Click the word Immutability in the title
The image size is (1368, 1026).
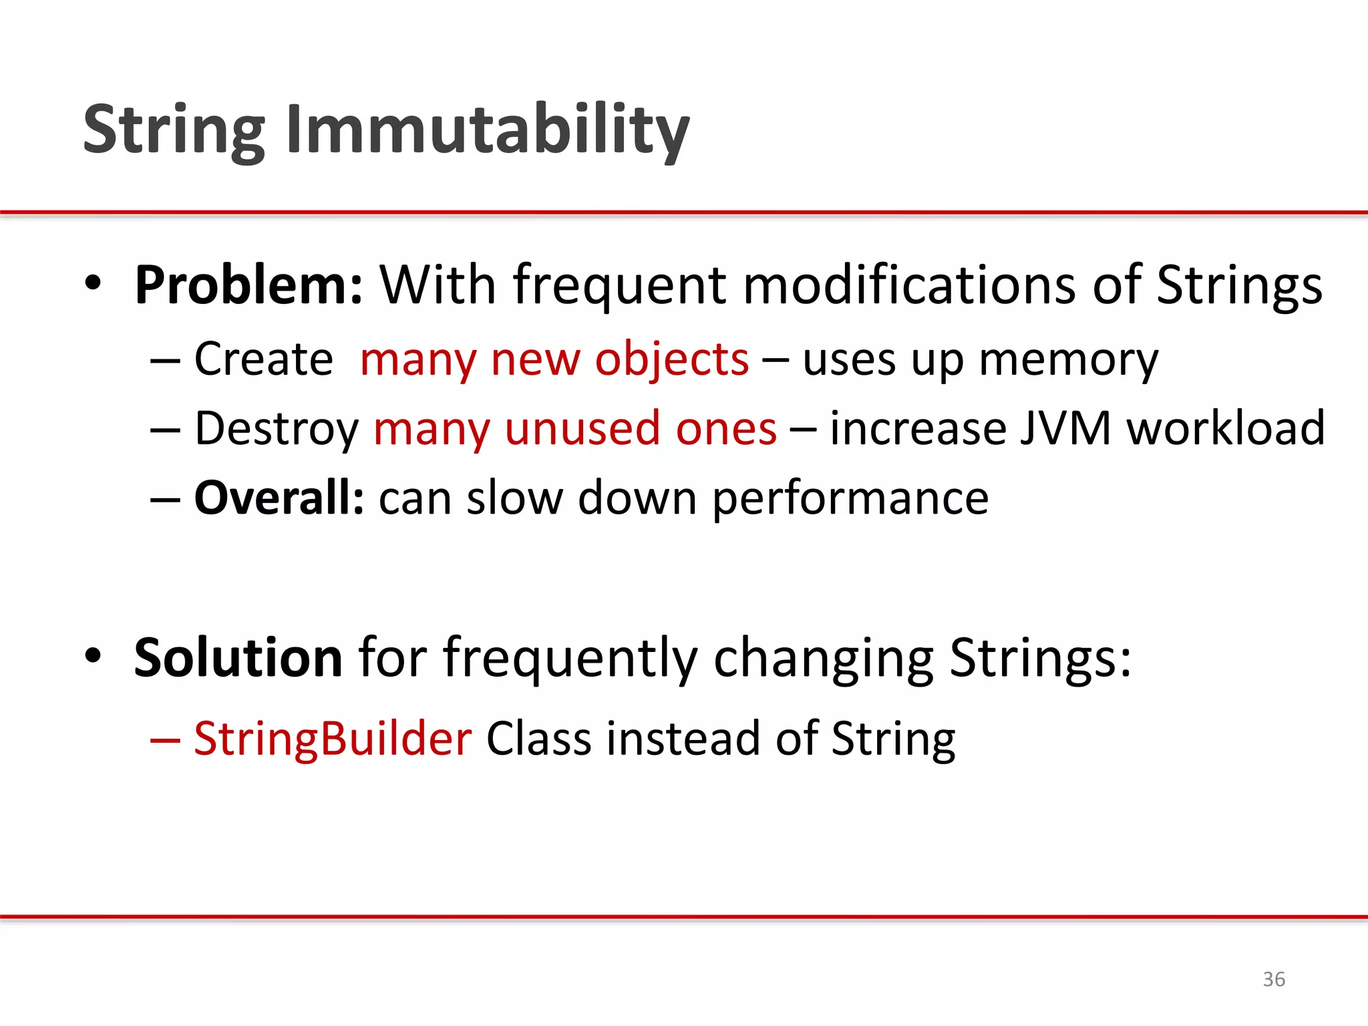coord(488,130)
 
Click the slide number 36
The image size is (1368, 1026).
coord(1274,979)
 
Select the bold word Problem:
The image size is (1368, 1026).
coord(248,285)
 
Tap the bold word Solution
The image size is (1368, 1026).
coord(238,658)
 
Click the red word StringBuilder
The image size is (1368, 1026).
coord(333,739)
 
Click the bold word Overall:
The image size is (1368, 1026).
coord(279,498)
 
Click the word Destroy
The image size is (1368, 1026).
coord(277,430)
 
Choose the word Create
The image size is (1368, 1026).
coord(263,359)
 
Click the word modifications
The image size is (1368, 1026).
coord(909,285)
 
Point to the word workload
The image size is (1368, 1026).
coord(1226,428)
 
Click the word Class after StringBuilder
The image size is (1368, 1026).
coord(539,739)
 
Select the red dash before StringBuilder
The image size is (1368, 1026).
coord(165,740)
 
